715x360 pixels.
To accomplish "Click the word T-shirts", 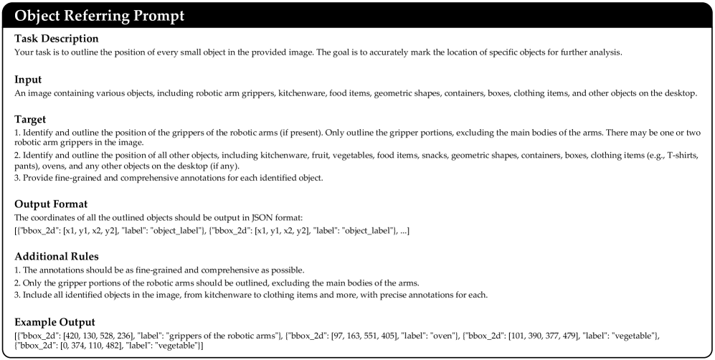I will pos(689,155).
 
